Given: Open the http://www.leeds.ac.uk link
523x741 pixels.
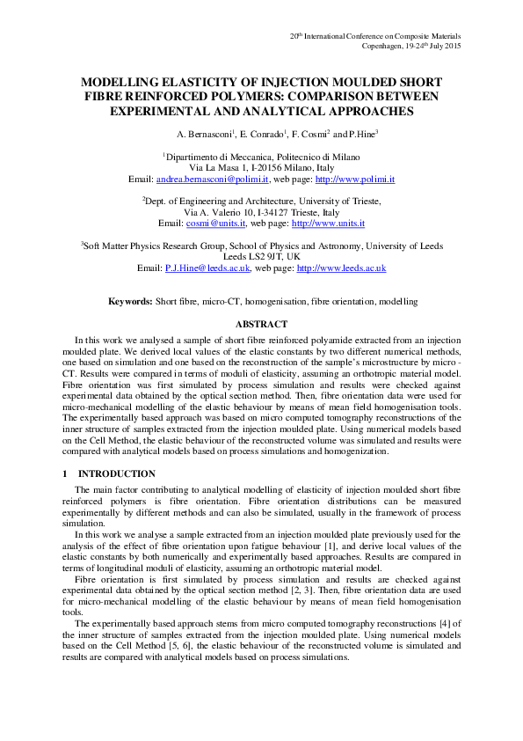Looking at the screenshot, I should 342,268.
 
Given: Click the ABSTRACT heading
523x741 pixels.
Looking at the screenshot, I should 261,325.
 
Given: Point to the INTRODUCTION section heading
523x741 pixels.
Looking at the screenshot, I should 117,473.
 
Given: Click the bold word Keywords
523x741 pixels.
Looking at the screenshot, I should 130,302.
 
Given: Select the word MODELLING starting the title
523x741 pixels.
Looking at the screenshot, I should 119,79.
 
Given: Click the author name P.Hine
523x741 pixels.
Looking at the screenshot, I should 361,135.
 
